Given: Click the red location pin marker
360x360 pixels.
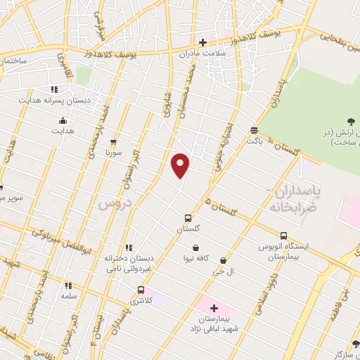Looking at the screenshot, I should pos(181,165).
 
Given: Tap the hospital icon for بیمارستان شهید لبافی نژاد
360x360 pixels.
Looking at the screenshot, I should pos(214,308).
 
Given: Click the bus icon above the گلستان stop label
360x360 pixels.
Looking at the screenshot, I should pos(188,218).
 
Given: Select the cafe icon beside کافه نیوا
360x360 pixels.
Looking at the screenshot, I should pos(195,247).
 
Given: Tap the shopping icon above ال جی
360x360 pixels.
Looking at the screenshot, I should pos(223,260).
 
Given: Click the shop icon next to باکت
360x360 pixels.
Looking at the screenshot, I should pos(254,130).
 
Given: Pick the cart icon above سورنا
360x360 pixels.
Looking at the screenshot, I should pos(113,141).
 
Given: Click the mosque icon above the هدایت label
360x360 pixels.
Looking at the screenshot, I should pos(63,120).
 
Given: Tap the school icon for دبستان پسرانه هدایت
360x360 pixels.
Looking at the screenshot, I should pos(53,89).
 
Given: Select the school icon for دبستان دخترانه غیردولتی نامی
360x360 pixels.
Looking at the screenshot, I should pos(128,247).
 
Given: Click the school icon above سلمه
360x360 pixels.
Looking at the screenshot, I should pos(68,285).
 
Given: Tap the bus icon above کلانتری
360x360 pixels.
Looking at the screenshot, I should pos(141,290).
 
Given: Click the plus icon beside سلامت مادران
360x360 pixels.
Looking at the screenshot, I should pos(202,42).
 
